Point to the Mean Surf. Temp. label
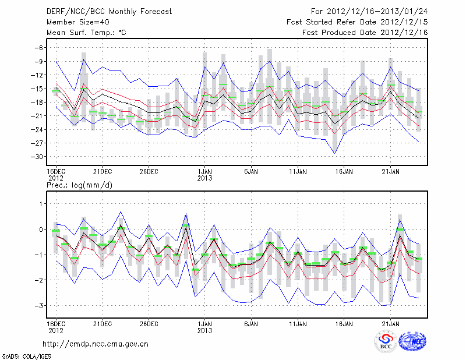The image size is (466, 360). click(x=86, y=33)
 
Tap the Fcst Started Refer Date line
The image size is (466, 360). click(x=357, y=22)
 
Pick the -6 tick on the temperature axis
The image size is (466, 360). click(x=38, y=48)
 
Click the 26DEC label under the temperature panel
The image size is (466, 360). click(x=149, y=172)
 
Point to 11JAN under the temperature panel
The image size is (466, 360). click(x=298, y=172)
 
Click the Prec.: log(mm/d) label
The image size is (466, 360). click(x=79, y=185)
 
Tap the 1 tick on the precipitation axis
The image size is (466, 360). click(x=41, y=203)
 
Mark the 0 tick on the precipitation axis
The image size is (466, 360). click(x=41, y=229)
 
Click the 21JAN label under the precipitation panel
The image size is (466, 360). click(x=391, y=322)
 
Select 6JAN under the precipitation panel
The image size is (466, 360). click(x=251, y=322)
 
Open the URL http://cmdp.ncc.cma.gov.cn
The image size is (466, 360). click(x=96, y=344)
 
